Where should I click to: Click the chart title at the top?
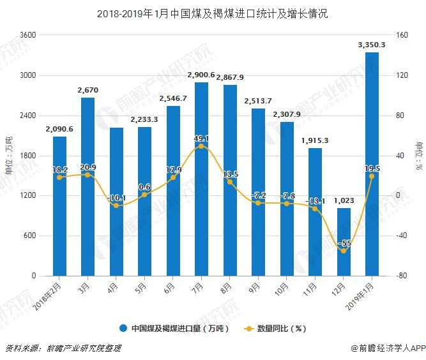pos(212,13)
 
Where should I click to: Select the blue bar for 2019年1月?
pos(372,164)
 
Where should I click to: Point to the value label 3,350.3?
pos(372,45)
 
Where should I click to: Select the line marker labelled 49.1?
pos(201,146)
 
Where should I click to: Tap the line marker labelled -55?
pos(344,251)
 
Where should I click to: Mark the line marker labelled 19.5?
pos(372,176)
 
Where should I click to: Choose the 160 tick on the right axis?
pos(402,35)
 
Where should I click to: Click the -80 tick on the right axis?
pos(402,276)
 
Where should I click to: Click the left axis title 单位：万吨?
pos(8,155)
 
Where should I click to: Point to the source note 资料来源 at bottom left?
pos(63,349)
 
